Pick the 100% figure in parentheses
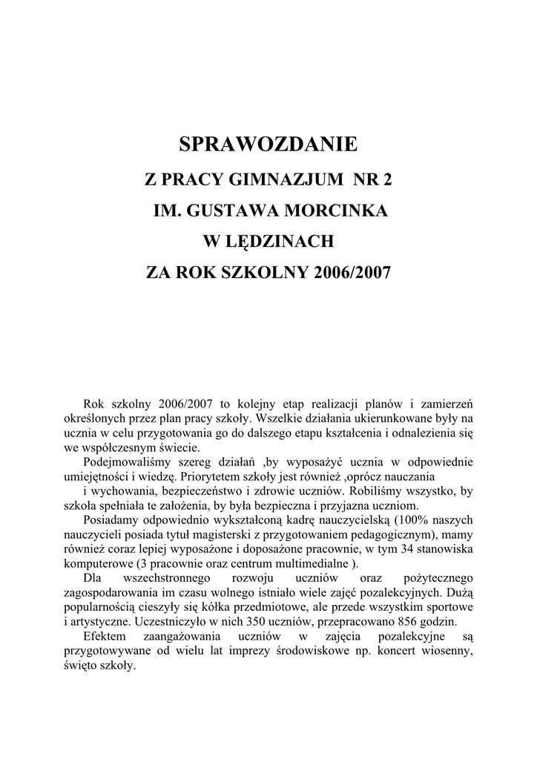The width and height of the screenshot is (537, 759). pyautogui.click(x=409, y=520)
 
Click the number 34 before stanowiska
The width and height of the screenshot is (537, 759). pyautogui.click(x=407, y=548)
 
